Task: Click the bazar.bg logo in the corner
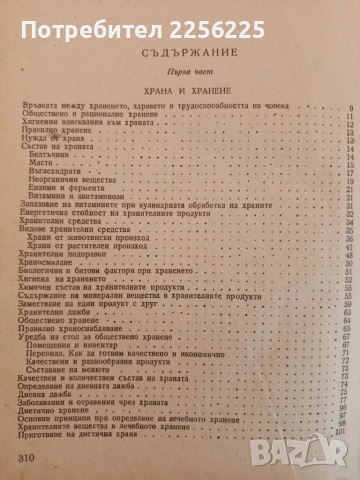point(319,456)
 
